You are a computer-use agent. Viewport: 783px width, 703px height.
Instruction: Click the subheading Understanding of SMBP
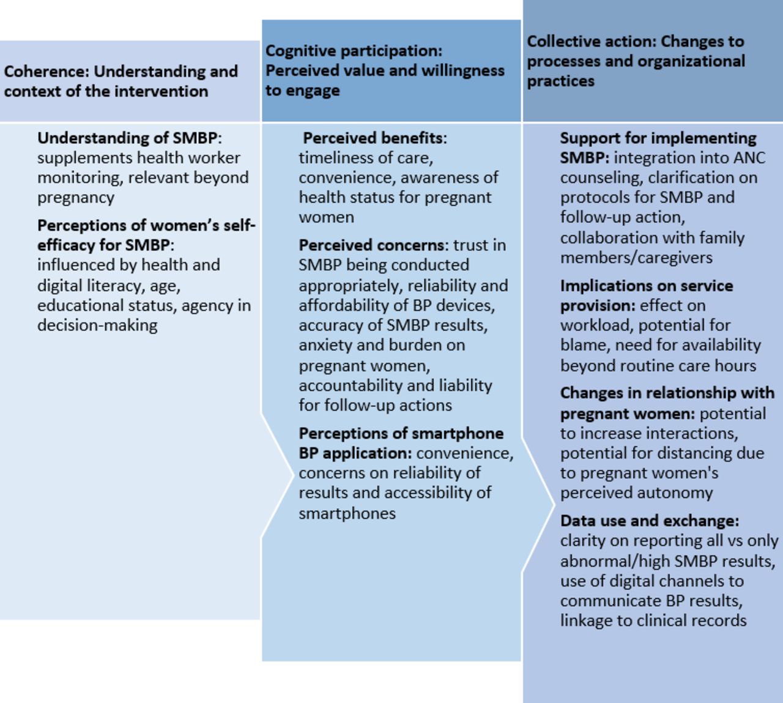(x=127, y=138)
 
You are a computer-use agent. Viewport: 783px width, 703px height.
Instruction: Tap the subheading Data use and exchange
(x=649, y=521)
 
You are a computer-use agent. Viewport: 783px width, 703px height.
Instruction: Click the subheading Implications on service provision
(x=646, y=296)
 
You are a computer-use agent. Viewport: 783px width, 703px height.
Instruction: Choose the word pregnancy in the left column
(x=75, y=198)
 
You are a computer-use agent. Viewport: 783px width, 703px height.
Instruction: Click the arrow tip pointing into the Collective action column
(x=554, y=505)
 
